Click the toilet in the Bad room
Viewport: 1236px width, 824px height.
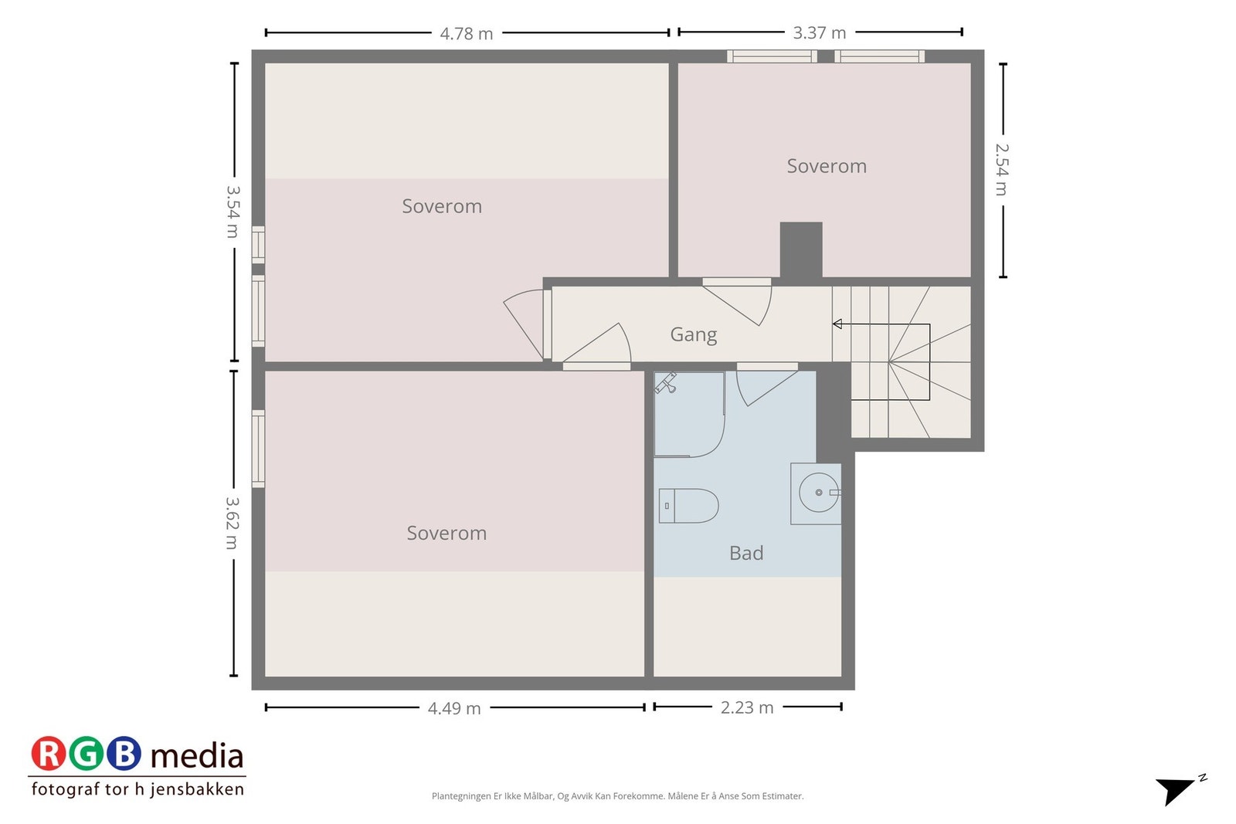[x=688, y=506]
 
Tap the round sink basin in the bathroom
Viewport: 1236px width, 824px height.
[x=818, y=493]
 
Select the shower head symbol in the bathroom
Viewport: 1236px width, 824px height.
[x=666, y=382]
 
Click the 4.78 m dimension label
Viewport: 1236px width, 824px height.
[x=466, y=34]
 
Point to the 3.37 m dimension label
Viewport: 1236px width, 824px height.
[x=819, y=33]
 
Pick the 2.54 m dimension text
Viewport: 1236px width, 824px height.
[x=1001, y=169]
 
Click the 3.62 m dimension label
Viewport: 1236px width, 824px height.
[x=232, y=523]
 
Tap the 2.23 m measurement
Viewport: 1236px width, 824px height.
[x=746, y=707]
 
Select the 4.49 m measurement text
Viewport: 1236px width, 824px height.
[x=454, y=708]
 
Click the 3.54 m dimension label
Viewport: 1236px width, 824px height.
[x=233, y=211]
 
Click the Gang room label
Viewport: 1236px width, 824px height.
[x=693, y=334]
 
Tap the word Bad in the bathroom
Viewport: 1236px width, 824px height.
[x=745, y=553]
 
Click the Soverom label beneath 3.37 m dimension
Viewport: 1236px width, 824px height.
[x=826, y=166]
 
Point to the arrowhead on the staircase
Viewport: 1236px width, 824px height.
[x=837, y=324]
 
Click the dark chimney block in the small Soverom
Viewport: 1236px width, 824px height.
[x=800, y=249]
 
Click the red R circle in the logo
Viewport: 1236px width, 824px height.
[x=49, y=754]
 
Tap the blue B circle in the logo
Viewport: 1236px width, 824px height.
[x=124, y=754]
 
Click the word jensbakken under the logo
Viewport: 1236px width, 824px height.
[x=197, y=789]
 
